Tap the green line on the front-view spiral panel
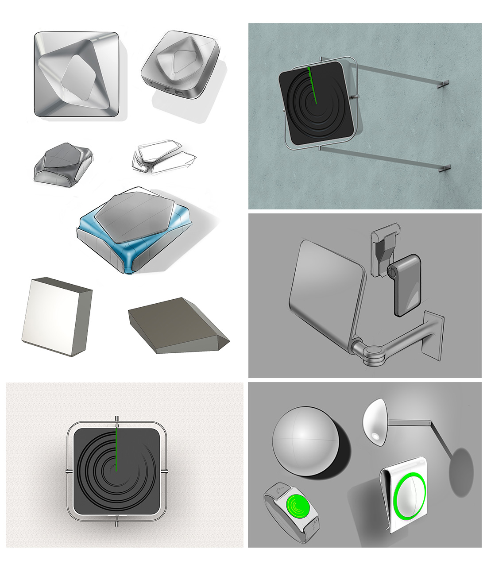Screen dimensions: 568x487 pos(116,447)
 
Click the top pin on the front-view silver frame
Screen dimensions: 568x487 pos(116,419)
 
